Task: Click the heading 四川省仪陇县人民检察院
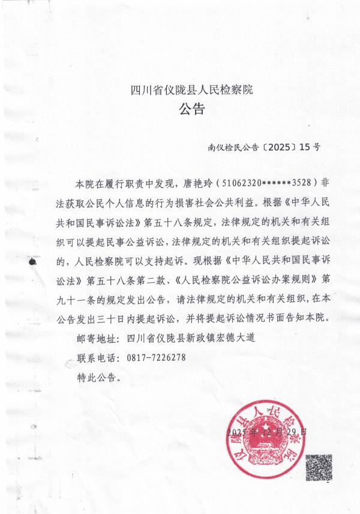[192, 91]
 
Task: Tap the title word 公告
[192, 110]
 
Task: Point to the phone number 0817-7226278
[156, 357]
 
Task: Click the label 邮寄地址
[99, 337]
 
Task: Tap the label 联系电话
[99, 357]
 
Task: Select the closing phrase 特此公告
[98, 377]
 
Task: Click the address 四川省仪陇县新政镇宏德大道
[193, 337]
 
